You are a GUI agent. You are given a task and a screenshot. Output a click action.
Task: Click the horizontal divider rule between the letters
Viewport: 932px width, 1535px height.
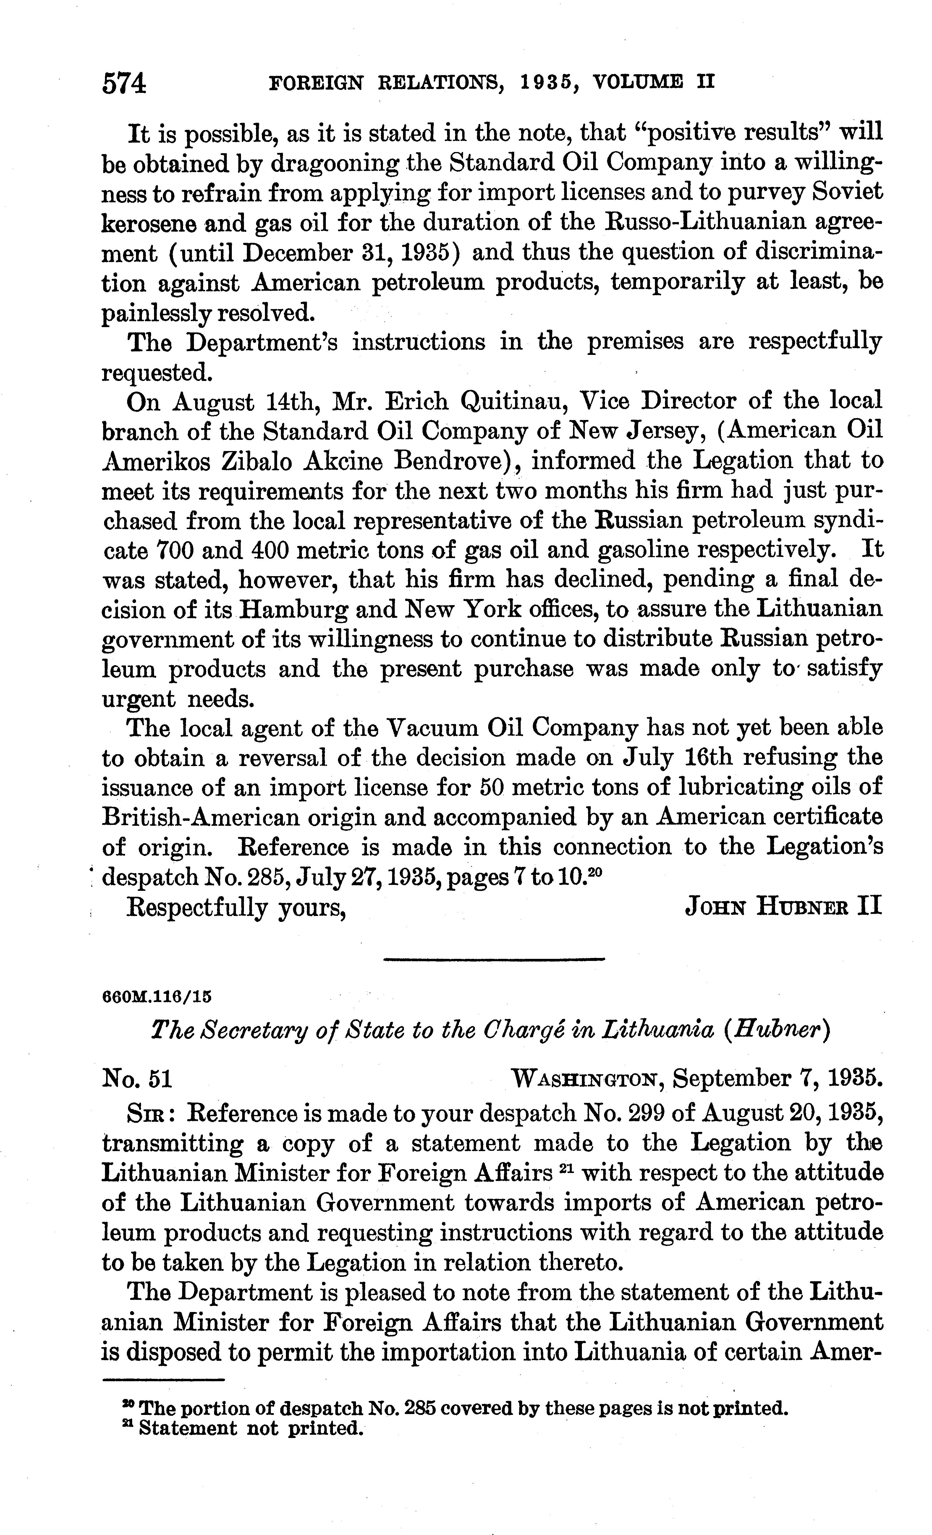click(494, 960)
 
